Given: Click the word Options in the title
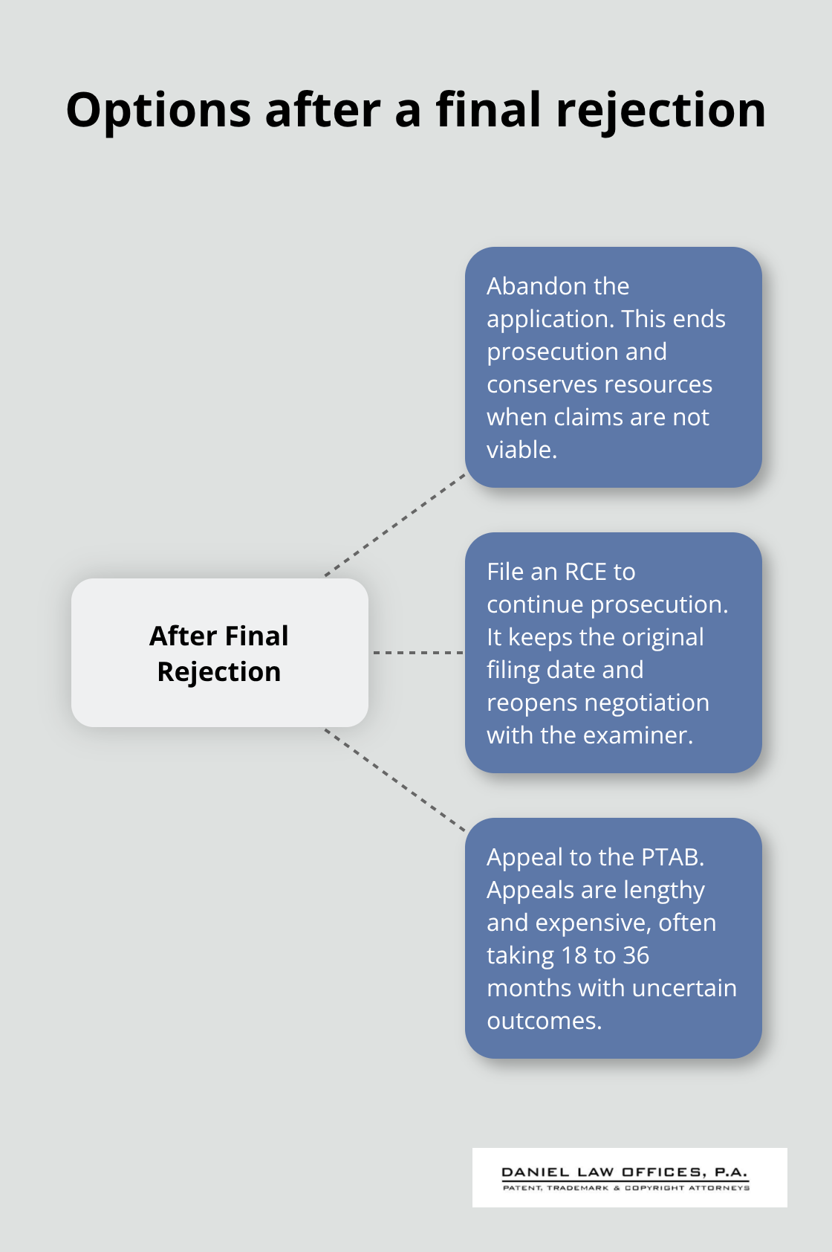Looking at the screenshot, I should [158, 111].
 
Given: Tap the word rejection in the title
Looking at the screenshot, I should [660, 111].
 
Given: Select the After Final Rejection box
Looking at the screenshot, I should [219, 653].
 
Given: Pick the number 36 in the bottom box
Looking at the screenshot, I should [635, 955].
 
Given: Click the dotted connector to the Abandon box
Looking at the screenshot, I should [395, 525].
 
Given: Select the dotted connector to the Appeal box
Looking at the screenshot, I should [395, 779].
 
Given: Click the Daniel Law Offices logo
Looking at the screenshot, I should [629, 1177].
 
